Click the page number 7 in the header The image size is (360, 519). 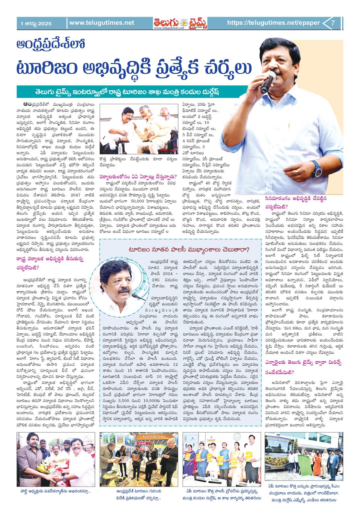coord(333,23)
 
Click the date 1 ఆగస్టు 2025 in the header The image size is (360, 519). coord(36,24)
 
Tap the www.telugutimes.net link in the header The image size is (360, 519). coord(102,23)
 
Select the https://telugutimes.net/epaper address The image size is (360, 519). coord(273,23)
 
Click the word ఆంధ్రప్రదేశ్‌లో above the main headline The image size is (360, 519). coord(51,44)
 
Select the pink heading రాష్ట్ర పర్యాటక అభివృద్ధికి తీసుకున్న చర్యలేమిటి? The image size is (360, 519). coord(50,263)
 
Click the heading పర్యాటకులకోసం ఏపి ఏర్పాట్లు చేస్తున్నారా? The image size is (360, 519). coord(138,177)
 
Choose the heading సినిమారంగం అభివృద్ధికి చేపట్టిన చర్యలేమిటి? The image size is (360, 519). coord(295,202)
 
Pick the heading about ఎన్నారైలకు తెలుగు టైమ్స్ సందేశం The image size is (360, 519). coord(302,367)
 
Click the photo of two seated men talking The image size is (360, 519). coord(139,129)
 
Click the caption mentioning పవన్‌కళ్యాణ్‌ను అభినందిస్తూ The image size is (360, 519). coord(55,491)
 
